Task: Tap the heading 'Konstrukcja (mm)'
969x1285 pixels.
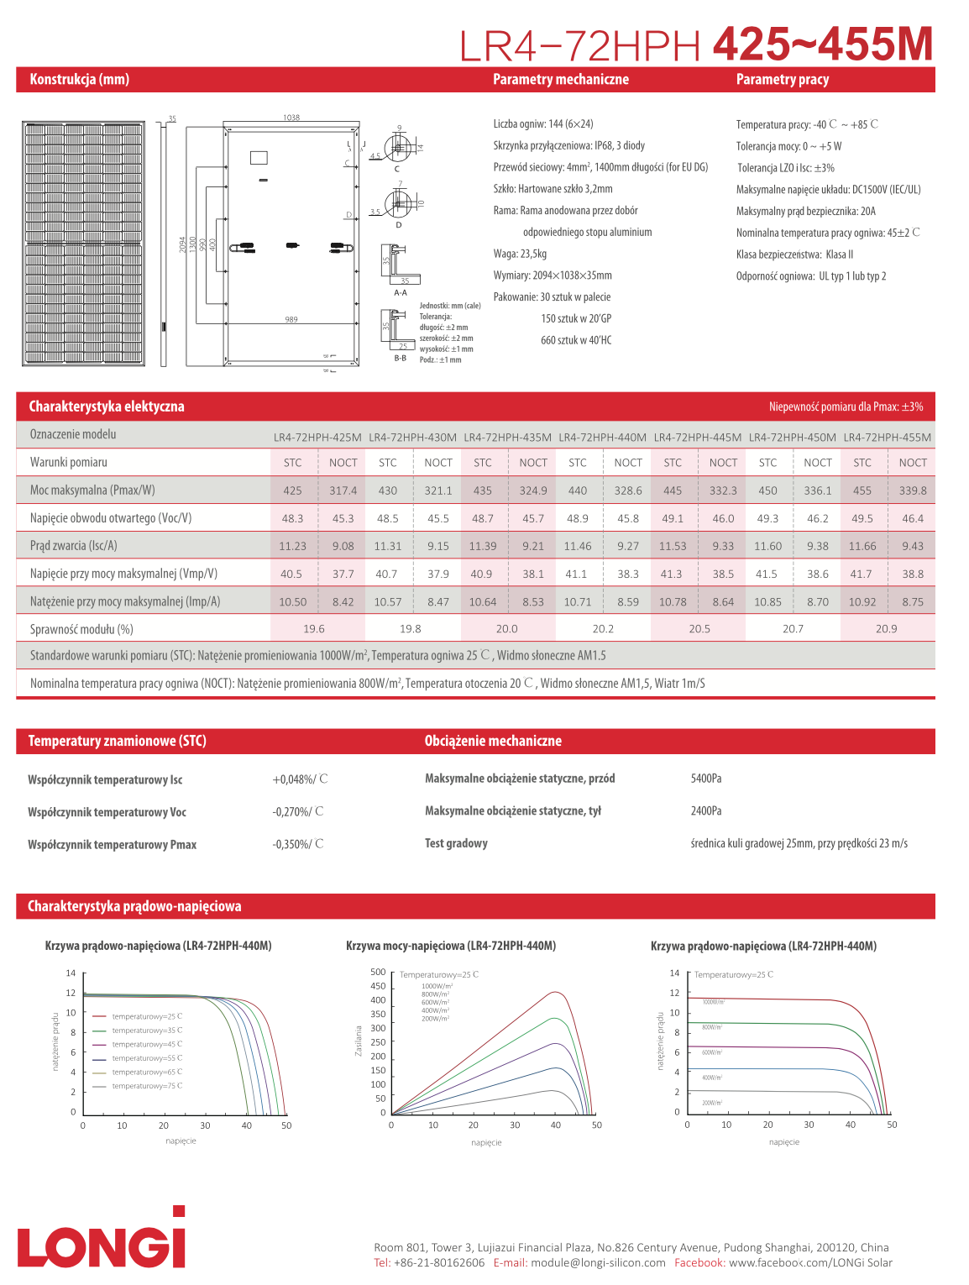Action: (x=80, y=80)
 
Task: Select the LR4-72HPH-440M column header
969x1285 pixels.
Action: (x=602, y=438)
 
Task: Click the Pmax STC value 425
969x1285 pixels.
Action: (x=292, y=490)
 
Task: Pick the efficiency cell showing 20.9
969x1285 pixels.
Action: (x=886, y=629)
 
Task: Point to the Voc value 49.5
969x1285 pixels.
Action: (x=862, y=519)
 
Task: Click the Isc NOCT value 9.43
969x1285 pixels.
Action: (x=912, y=546)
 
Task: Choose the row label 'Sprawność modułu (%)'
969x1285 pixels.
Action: (x=81, y=629)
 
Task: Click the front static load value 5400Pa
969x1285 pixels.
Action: (x=706, y=779)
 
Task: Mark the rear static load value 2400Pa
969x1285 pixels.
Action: (x=706, y=811)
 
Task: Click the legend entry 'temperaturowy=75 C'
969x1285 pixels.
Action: (x=146, y=1086)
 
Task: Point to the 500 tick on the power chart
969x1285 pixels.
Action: (x=378, y=973)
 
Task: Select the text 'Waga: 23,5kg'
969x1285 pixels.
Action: (x=520, y=254)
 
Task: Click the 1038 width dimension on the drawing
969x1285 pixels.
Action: (x=291, y=118)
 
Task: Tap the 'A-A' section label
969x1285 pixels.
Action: (x=401, y=293)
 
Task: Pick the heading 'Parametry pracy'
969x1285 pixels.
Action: (x=782, y=80)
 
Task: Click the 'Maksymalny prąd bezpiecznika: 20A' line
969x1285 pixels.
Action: (x=805, y=212)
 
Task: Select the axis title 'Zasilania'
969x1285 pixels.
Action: (x=359, y=1041)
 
